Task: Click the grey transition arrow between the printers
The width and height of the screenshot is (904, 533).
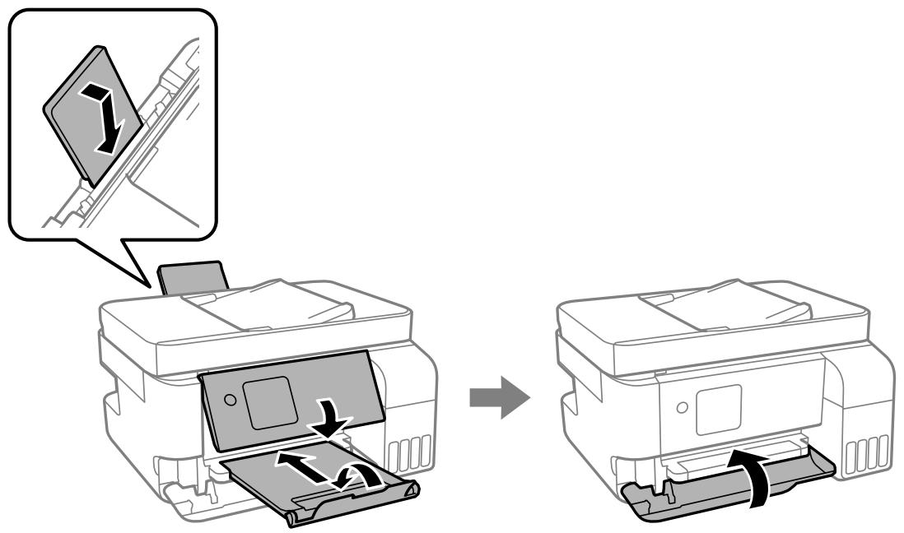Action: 499,396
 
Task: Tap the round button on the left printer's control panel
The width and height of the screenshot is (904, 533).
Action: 230,399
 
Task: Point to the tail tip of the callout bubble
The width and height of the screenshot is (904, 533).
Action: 151,288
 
